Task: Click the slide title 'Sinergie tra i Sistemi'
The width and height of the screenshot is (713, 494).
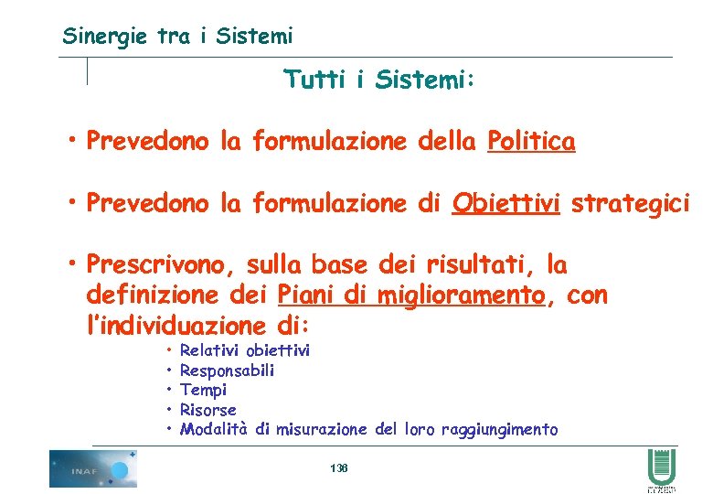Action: pos(177,37)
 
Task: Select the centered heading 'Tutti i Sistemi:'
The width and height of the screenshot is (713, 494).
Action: pos(379,81)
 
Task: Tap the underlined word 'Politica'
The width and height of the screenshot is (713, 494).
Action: pos(531,142)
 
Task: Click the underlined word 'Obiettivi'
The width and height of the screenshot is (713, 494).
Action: pos(505,203)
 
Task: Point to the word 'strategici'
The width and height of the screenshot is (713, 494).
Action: pos(631,203)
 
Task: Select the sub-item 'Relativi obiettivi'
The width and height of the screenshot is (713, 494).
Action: pos(245,350)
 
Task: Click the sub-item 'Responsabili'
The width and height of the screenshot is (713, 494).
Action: pos(227,370)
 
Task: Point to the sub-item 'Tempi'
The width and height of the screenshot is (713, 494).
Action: pos(203,390)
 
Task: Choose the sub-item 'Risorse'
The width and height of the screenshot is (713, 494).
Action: pos(208,410)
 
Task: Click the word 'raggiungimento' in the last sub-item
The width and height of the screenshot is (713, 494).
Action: pos(499,430)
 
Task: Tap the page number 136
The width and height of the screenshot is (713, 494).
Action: pos(338,468)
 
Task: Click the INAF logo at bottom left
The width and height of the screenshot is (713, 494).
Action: pos(93,468)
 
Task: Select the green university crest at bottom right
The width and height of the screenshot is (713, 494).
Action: pos(662,471)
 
